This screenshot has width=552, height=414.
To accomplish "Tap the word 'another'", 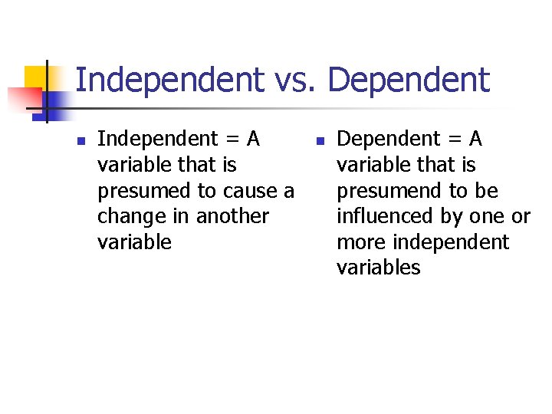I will (x=232, y=216).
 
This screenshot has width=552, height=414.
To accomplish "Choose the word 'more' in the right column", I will (x=360, y=242).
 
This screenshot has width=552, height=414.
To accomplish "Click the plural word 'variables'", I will (x=379, y=268).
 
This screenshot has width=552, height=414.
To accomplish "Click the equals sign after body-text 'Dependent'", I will (x=452, y=140).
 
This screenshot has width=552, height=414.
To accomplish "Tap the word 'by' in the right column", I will (x=454, y=217).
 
